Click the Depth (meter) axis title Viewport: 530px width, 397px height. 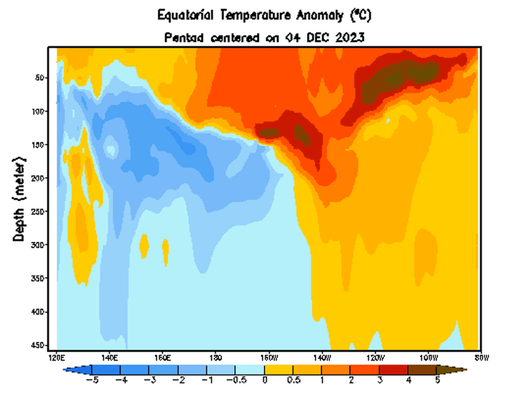click(19, 198)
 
